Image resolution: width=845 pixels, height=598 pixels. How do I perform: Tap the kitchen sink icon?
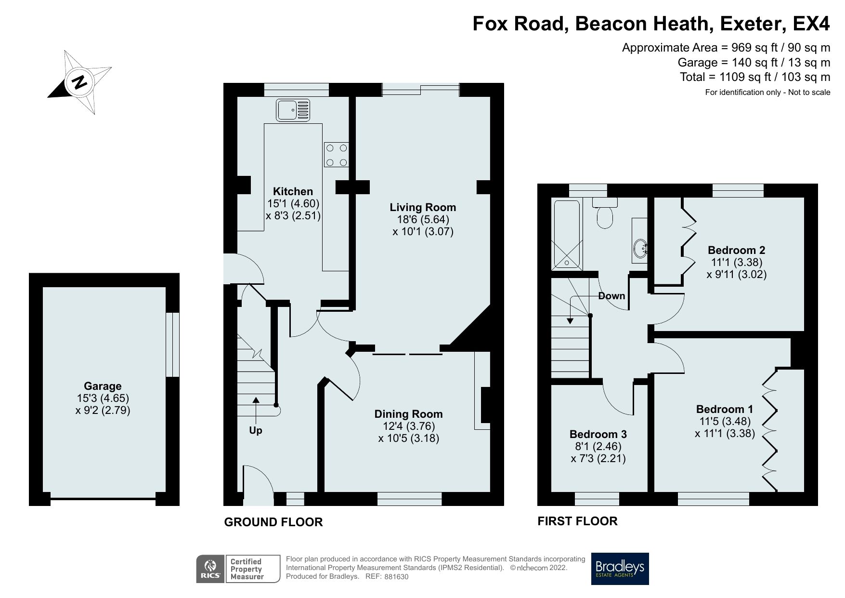click(293, 109)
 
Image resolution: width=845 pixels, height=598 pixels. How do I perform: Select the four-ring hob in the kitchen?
click(337, 155)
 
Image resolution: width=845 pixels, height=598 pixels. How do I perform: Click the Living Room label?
click(423, 207)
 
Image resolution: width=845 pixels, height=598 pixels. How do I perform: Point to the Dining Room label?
click(408, 414)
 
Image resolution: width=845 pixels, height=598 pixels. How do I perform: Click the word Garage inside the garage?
click(103, 386)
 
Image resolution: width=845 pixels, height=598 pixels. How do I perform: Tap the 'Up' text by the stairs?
click(256, 430)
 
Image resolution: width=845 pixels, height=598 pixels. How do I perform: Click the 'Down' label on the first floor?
click(611, 296)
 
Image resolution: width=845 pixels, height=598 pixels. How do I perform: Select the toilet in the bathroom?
click(605, 213)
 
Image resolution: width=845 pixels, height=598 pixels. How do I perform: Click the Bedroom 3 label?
click(598, 434)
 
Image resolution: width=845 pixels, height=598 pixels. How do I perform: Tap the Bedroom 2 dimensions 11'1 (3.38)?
click(736, 263)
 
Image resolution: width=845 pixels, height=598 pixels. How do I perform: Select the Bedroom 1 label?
click(725, 409)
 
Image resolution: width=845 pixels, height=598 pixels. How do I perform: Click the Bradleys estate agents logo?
click(620, 569)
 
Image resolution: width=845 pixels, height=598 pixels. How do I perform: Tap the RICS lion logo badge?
click(210, 569)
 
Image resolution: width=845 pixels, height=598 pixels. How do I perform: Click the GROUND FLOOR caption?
click(273, 522)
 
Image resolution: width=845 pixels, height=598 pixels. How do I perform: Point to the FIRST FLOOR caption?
click(577, 521)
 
